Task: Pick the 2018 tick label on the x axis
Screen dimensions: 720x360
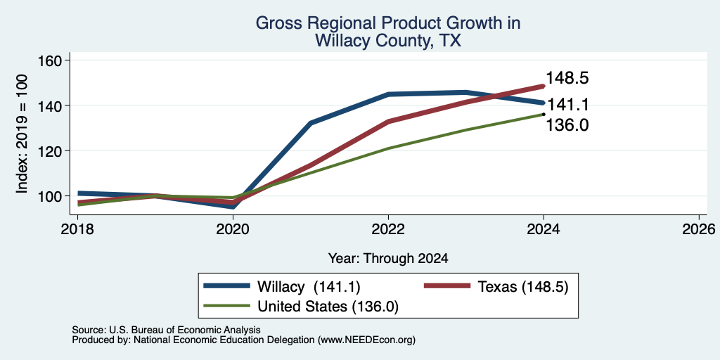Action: [x=77, y=229]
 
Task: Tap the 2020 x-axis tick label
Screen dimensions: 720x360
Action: [x=233, y=229]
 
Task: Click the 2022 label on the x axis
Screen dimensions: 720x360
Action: [x=388, y=229]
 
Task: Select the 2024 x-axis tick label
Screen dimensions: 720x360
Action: [x=544, y=229]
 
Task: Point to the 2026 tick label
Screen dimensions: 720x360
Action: [x=699, y=229]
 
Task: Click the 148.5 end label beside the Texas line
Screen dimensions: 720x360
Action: [x=567, y=78]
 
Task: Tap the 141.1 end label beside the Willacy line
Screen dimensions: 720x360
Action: [x=568, y=105]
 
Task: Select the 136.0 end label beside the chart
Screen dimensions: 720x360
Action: [x=567, y=125]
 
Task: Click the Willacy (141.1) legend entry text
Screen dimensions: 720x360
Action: [x=309, y=287]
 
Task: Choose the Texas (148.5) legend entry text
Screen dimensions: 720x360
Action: [x=523, y=287]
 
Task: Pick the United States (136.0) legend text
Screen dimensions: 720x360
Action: [x=328, y=307]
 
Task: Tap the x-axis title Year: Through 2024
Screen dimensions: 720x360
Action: [x=388, y=259]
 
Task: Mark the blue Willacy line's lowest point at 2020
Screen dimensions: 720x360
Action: [x=233, y=207]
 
